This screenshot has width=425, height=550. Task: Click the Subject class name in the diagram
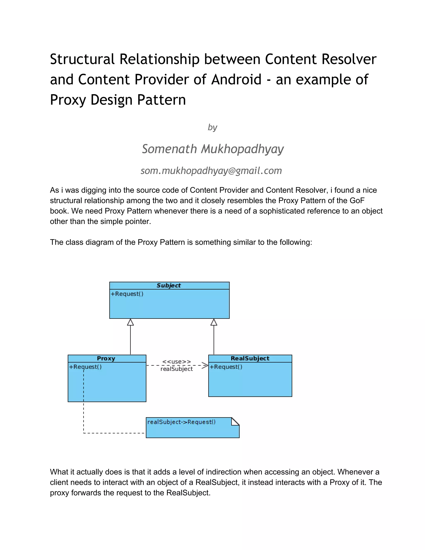169,285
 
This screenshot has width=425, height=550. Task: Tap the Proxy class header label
106,358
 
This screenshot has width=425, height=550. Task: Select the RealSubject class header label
250,358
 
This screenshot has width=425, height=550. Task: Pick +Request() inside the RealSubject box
226,367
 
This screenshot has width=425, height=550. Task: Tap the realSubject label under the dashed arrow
177,369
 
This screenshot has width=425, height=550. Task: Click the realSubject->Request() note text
181,422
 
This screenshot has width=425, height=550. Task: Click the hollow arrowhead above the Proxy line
130,322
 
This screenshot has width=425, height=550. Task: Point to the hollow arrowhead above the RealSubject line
214,322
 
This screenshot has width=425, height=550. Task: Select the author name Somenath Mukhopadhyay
213,149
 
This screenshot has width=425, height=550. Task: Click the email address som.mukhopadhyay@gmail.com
211,171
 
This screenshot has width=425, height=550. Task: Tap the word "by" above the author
212,127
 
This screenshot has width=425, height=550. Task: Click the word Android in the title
236,79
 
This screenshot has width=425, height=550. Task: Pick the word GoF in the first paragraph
357,200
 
